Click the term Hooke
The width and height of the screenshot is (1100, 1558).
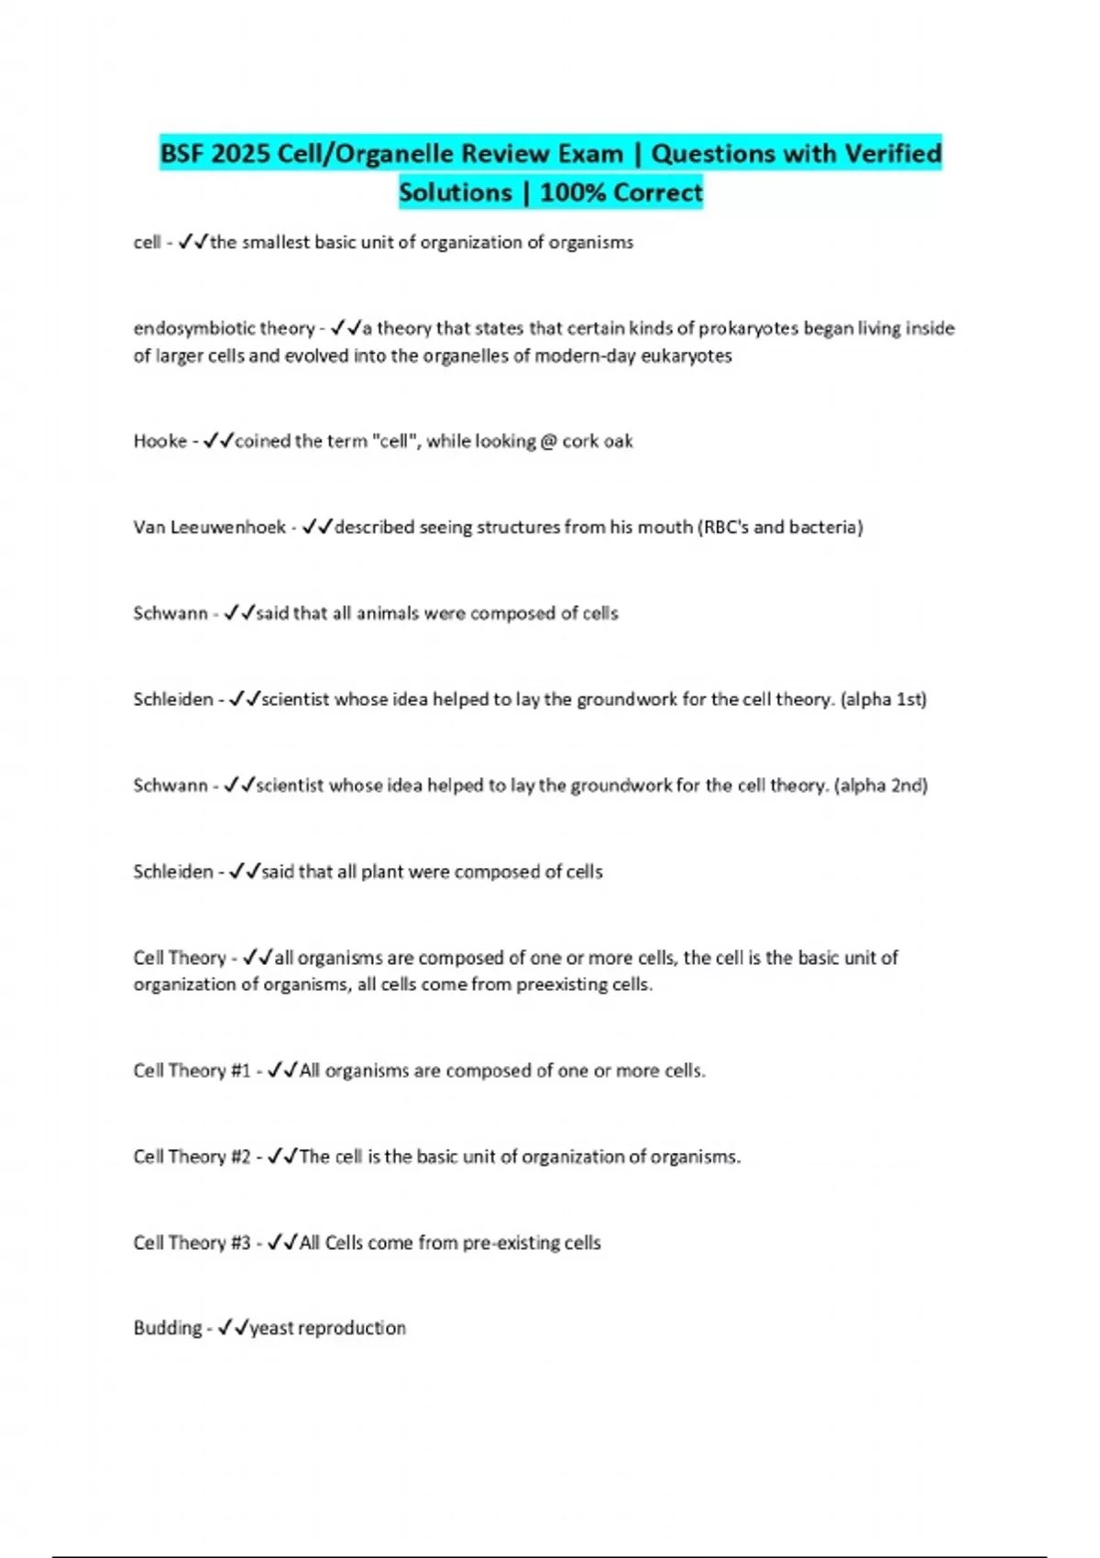click(x=159, y=441)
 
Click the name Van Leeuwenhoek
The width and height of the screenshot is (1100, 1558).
click(x=209, y=527)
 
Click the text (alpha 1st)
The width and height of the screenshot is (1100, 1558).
click(x=884, y=699)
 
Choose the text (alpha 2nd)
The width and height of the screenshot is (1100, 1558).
click(x=881, y=785)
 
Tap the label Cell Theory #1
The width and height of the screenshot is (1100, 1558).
click(x=192, y=1070)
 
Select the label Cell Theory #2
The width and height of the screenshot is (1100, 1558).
click(x=192, y=1157)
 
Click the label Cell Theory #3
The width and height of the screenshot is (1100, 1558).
click(x=192, y=1243)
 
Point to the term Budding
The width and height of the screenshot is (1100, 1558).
click(x=167, y=1328)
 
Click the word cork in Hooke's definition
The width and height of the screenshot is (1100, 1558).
click(x=580, y=441)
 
